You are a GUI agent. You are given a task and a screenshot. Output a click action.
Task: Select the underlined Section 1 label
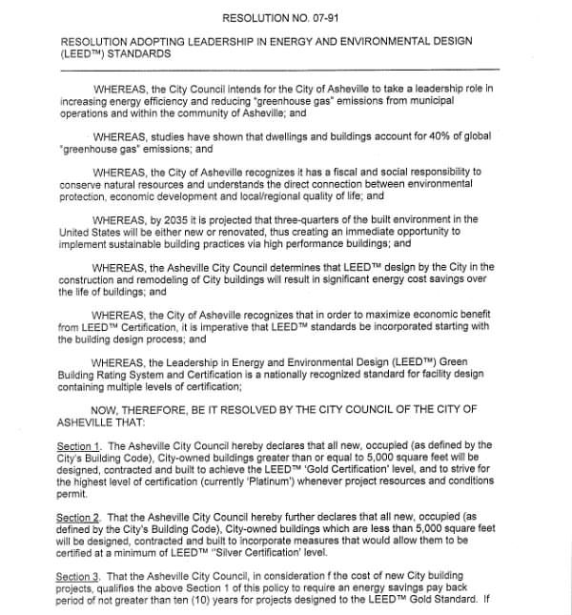(78, 445)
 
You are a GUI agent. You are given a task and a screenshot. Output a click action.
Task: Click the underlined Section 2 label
(78, 516)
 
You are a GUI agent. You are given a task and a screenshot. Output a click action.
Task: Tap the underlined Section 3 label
(78, 576)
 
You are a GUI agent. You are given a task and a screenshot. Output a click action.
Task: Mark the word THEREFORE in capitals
(161, 409)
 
